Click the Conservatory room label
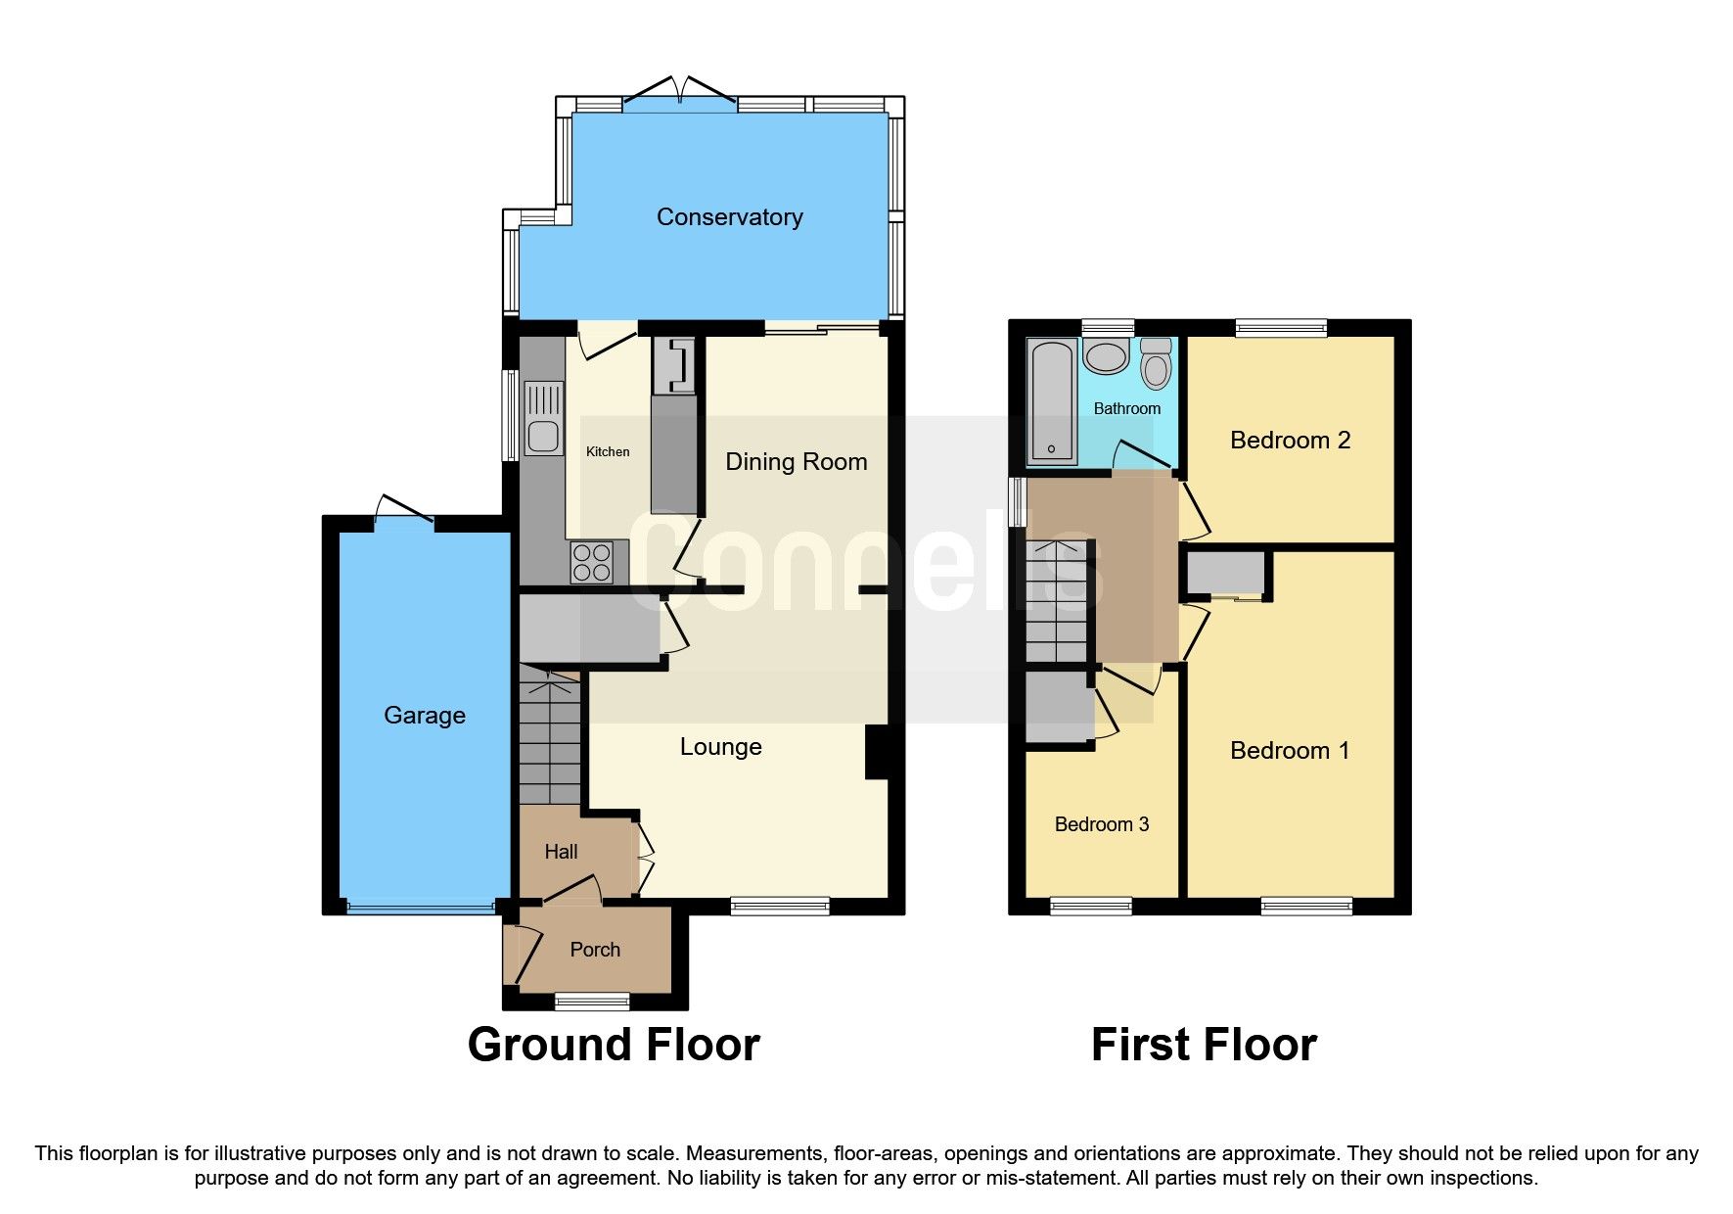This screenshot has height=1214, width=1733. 729,216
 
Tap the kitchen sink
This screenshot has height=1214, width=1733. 544,419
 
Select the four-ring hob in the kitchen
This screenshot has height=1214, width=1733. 592,562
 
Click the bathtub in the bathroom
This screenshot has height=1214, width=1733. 1052,401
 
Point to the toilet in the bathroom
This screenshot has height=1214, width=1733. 1156,364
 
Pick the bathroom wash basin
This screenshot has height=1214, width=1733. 1107,357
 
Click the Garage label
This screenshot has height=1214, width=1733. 424,715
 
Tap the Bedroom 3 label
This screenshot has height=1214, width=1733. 1101,824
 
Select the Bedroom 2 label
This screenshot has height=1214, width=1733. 1290,441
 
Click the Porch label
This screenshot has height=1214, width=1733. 595,950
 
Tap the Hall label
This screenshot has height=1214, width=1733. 561,852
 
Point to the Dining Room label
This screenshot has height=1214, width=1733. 796,462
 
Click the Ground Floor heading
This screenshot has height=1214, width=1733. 614,1045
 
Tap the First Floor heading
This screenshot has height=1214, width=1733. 1204,1045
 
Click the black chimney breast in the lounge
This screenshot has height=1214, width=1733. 877,752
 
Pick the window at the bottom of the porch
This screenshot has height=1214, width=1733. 592,1001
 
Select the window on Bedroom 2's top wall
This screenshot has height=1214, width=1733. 1280,329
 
